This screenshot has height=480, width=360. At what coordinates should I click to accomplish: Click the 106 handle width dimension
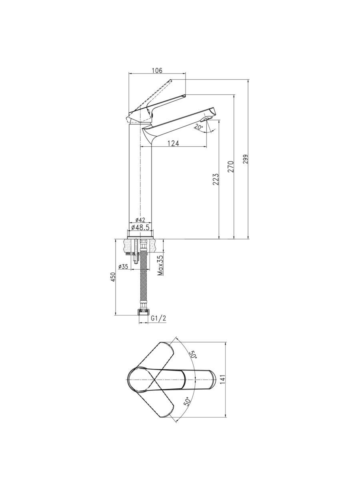click(x=157, y=71)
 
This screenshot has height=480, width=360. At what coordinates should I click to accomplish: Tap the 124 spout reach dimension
click(x=173, y=144)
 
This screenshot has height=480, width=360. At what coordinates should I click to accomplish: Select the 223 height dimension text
click(x=216, y=179)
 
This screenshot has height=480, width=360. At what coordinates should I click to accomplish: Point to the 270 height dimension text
click(x=231, y=167)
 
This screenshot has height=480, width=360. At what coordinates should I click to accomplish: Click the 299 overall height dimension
click(x=245, y=160)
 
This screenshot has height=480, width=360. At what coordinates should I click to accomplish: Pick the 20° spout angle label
click(x=199, y=127)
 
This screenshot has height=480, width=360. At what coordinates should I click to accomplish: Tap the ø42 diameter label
click(x=140, y=220)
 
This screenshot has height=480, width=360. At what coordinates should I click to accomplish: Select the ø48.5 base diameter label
click(x=140, y=227)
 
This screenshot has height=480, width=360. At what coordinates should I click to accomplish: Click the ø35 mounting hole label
click(x=123, y=266)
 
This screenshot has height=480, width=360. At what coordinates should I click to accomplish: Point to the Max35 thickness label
click(x=161, y=265)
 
